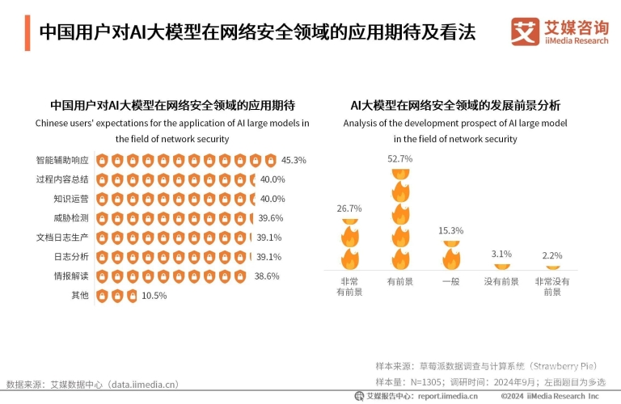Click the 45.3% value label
tap(294, 160)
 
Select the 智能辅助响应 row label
tap(61, 160)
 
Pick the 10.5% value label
tap(154, 296)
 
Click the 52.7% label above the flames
tap(400, 159)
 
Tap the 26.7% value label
tap(349, 208)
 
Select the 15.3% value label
tap(451, 231)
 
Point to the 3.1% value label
tap(502, 255)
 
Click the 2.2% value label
tap(552, 256)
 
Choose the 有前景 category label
tap(400, 282)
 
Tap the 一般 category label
tap(451, 282)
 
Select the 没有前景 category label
tap(502, 282)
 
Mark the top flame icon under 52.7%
tap(400, 173)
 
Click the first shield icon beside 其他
tap(103, 296)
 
